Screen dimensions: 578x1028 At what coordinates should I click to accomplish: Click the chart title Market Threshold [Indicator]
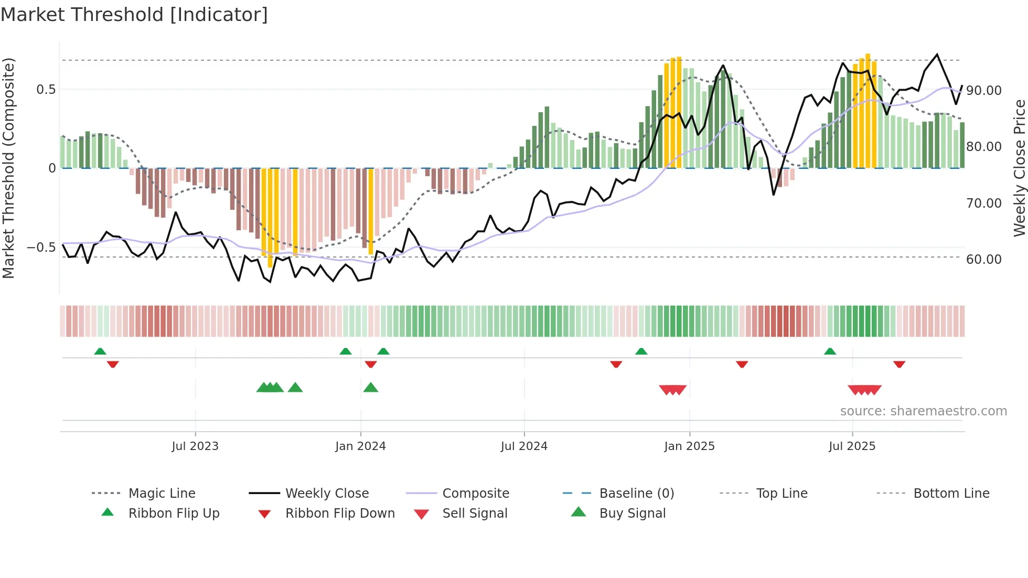point(134,15)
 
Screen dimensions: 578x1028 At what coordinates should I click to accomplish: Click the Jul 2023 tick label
point(195,446)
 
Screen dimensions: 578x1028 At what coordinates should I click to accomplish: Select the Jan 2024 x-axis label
point(360,446)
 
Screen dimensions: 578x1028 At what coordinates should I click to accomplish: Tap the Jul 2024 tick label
point(524,446)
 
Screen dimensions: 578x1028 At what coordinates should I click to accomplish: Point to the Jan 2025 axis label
point(689,446)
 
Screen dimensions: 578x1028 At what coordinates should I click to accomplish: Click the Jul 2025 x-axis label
point(852,446)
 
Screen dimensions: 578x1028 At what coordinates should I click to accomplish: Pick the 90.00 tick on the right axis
point(984,91)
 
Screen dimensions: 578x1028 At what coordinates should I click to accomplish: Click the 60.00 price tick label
point(984,260)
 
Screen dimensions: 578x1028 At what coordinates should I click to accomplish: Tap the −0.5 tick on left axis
point(41,248)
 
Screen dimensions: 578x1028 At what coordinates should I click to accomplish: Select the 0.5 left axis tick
point(46,90)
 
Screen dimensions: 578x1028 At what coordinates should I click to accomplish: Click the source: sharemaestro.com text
point(923,411)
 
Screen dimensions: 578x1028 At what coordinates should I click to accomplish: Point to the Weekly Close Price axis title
point(1019,168)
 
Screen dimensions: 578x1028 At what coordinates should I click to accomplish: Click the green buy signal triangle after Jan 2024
point(371,388)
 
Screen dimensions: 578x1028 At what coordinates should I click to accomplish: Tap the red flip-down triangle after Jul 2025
point(899,364)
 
